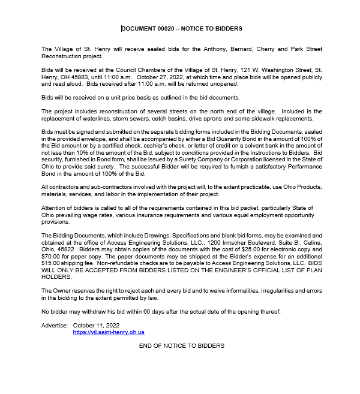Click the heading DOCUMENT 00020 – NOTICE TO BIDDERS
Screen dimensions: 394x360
pyautogui.click(x=182, y=28)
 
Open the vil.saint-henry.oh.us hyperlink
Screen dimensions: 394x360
pyautogui.click(x=109, y=332)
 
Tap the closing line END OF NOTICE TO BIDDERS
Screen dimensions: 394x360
pyautogui.click(x=181, y=346)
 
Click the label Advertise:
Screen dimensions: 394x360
pyautogui.click(x=55, y=325)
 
